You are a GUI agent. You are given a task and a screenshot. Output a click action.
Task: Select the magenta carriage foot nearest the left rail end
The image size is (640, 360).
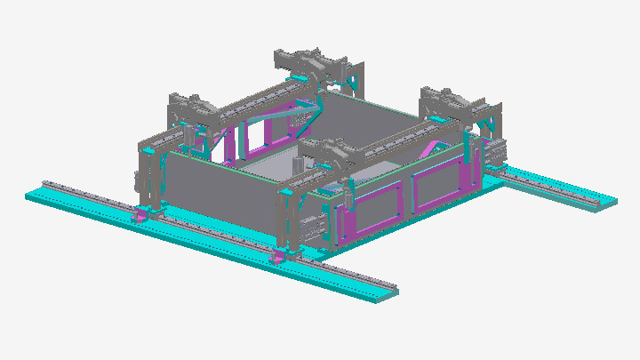tap(140, 216)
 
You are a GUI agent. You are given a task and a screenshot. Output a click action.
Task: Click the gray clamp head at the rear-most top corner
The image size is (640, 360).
tap(307, 62)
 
